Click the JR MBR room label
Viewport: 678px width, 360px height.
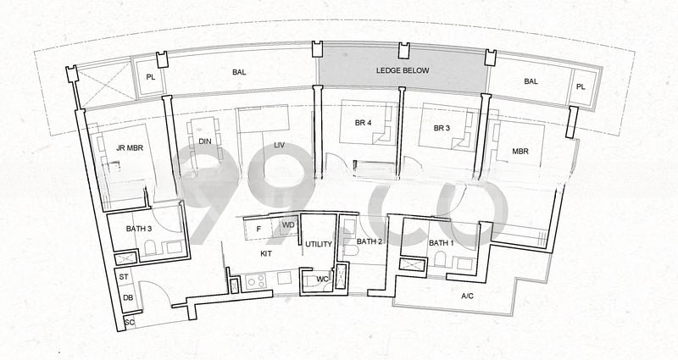[x=130, y=147]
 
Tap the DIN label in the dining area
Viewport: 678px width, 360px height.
[x=205, y=141]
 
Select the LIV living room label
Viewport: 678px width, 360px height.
[x=280, y=145]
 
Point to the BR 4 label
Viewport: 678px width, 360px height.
[x=364, y=123]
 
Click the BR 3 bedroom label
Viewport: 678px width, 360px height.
[x=442, y=129]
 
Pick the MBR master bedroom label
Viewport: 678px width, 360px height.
[x=520, y=152]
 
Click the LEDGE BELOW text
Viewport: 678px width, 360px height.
[x=403, y=70]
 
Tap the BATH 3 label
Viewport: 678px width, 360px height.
[x=139, y=229]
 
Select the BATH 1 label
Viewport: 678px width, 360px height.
[x=441, y=243]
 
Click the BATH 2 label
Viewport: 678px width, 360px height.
[x=370, y=241]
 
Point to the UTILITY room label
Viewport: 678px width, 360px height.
[x=319, y=244]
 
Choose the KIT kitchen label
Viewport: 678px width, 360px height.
[x=266, y=253]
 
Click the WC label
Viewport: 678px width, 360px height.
[x=322, y=280]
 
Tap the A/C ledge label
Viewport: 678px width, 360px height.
[x=468, y=296]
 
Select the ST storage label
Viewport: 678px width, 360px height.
[x=124, y=277]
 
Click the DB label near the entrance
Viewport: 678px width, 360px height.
[x=128, y=298]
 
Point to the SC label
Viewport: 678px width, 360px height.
[x=130, y=323]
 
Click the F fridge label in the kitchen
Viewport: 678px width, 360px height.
[x=258, y=229]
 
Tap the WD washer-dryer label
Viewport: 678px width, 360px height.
[x=288, y=225]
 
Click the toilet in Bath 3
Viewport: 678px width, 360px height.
[x=151, y=248]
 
